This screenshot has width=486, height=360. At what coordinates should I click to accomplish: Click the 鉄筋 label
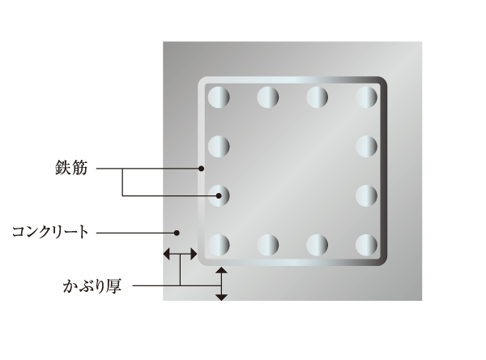pyautogui.click(x=71, y=168)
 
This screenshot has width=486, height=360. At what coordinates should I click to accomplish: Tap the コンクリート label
pyautogui.click(x=50, y=232)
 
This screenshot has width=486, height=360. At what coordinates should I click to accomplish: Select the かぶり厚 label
pyautogui.click(x=92, y=286)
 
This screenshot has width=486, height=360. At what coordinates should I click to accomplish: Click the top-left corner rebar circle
pyautogui.click(x=219, y=97)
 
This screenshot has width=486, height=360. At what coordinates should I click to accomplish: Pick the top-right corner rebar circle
pyautogui.click(x=366, y=97)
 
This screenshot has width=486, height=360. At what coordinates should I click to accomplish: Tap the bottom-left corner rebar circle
pyautogui.click(x=219, y=245)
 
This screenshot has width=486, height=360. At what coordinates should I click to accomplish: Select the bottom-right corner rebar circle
pyautogui.click(x=366, y=245)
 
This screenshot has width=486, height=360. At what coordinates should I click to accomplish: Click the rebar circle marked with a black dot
pyautogui.click(x=219, y=196)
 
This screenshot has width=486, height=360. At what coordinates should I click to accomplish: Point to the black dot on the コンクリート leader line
pyautogui.click(x=177, y=233)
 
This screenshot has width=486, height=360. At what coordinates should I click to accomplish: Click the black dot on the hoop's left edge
pyautogui.click(x=201, y=169)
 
